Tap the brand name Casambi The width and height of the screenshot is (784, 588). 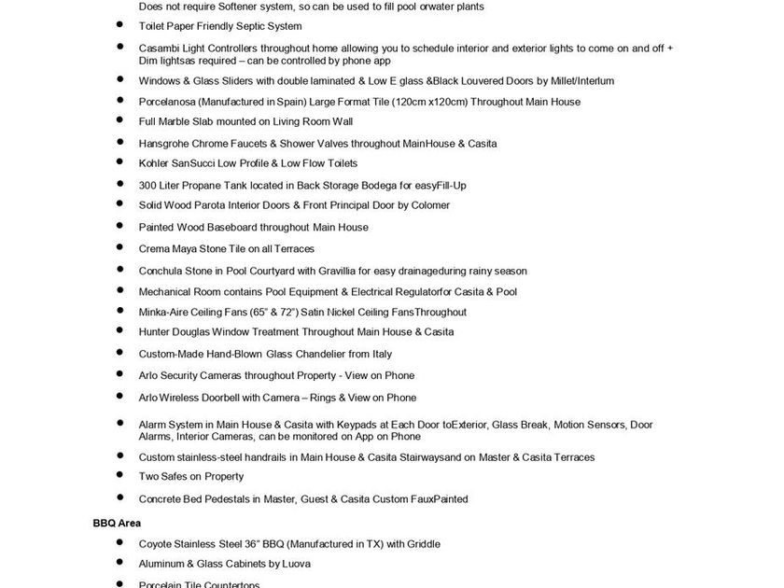coord(160,48)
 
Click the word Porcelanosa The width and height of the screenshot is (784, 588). coord(169,102)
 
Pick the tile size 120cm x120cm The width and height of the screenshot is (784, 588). coord(427,102)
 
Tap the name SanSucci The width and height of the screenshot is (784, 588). coord(193,164)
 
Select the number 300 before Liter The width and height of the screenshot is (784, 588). coord(147,185)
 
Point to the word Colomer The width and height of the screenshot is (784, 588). coord(428,205)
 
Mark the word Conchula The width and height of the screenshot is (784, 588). coord(161,271)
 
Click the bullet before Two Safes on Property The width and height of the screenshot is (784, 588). coord(119,476)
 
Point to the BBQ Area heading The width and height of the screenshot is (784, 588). coord(117,524)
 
